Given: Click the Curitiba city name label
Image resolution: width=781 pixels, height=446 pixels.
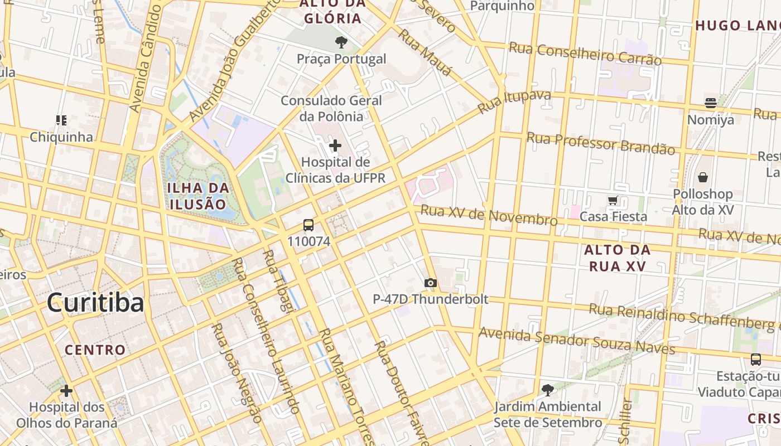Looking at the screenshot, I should coord(95,302).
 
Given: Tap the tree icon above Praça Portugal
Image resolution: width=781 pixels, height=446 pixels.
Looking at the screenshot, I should coord(341,42).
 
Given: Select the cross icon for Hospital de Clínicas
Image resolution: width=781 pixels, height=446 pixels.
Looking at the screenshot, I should coord(335,146).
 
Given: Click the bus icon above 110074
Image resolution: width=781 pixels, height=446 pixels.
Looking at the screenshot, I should coord(308,226).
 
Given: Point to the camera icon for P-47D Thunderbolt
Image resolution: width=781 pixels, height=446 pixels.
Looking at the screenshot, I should coord(430,283).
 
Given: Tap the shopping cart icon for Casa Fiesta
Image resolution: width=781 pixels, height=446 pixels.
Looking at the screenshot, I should coord(613,200).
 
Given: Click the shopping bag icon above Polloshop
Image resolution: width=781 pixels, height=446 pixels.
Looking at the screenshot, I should coord(702,177).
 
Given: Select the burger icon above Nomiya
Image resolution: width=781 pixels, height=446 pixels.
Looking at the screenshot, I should coord(710,103).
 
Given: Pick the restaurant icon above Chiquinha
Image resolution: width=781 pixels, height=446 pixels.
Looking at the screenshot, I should coord(61,120).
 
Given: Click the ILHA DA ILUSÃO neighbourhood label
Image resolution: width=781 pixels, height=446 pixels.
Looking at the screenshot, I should coord(197,196).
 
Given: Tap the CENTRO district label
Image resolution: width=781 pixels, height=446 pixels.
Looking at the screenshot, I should coord(95,350).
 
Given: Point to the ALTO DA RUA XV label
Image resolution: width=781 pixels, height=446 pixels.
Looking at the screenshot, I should coord(617,258).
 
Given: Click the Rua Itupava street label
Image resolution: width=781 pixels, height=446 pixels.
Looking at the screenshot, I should coord(514,102).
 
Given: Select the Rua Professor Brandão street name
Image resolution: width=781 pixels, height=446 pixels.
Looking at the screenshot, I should coord(600,143).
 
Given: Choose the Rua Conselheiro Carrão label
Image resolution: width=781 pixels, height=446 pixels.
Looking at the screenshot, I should coord(585,54).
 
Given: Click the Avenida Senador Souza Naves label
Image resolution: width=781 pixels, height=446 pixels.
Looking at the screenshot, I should coord(577,341).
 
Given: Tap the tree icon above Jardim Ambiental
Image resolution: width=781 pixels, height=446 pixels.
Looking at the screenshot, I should coord(548,390).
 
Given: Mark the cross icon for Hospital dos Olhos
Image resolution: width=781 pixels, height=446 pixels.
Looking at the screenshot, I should coord(66,391).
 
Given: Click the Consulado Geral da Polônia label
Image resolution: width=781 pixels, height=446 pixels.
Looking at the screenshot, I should coord(331,109).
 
